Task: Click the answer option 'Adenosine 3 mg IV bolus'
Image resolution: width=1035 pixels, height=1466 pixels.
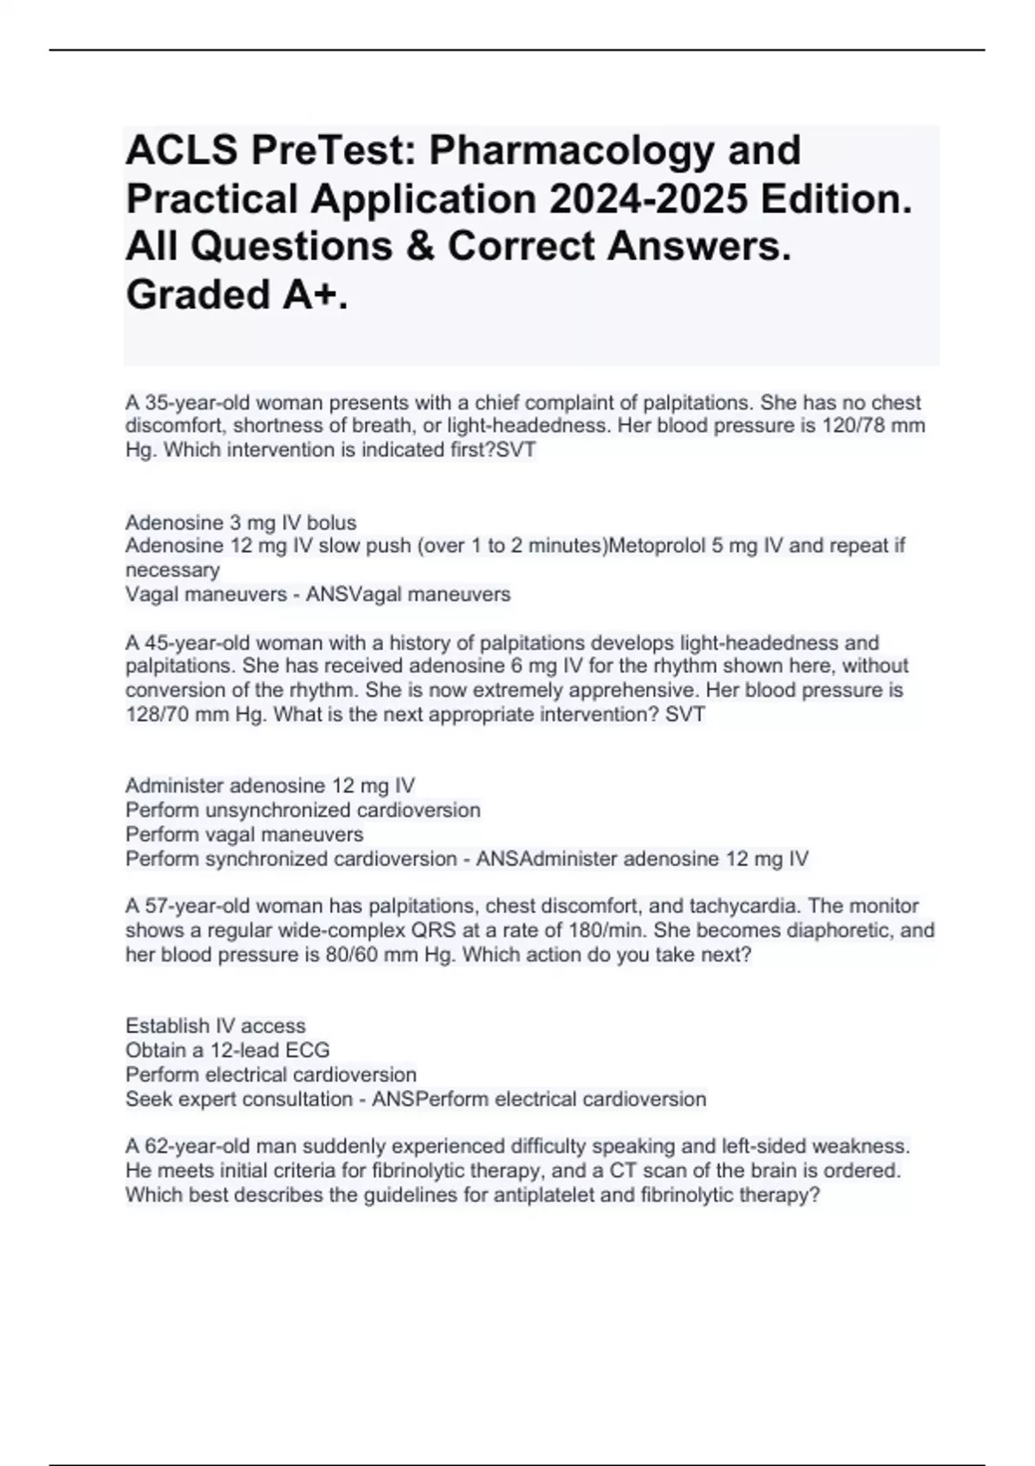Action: click(241, 523)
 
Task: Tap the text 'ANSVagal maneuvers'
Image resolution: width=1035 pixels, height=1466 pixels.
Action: click(409, 594)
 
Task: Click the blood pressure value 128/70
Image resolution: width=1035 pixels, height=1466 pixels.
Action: click(161, 714)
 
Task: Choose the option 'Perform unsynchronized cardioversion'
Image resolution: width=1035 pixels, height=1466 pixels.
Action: click(303, 811)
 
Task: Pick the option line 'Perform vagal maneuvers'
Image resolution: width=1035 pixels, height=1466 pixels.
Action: click(244, 835)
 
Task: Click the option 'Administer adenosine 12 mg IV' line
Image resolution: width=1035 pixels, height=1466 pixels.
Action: click(270, 786)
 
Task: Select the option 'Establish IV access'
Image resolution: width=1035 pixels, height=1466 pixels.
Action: click(216, 1026)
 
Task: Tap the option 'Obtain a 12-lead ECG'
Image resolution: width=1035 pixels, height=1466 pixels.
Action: click(228, 1050)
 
